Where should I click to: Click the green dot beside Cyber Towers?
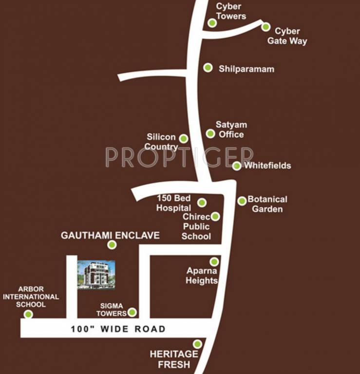[x=212, y=23]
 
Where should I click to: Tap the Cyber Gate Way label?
[x=287, y=37]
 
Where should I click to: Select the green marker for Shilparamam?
[x=208, y=68]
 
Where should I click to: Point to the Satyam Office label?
[x=229, y=130]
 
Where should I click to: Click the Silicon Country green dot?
[x=183, y=138]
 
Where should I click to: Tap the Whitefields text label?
[x=267, y=166]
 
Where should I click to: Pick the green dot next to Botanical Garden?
[x=242, y=201]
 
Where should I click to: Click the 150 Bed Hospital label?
[x=173, y=203]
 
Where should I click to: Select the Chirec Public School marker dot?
[x=215, y=216]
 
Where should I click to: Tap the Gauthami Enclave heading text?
[x=110, y=235]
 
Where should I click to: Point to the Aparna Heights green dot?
[x=214, y=262]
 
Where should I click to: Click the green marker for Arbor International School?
[x=28, y=314]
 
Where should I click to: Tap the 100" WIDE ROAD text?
[x=118, y=329]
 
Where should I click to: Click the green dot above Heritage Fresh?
[x=197, y=344]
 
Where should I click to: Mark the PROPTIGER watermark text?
[x=179, y=157]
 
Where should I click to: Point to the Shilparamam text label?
[x=246, y=69]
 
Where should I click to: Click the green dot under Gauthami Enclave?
[x=112, y=244]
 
